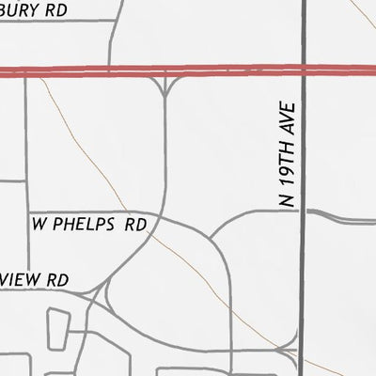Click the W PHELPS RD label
coord(90,226)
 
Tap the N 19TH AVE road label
coord(289,156)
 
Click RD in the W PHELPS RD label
coord(137,226)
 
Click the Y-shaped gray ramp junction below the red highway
coord(165,89)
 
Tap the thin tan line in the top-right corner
coord(364,11)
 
